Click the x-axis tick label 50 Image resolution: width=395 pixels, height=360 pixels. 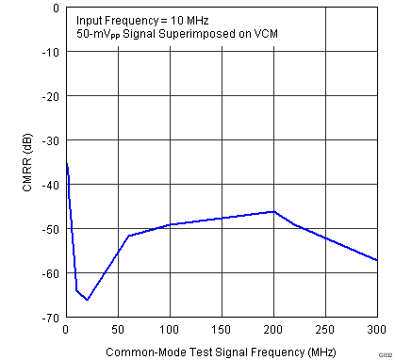coord(118,330)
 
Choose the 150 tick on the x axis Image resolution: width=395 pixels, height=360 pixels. coord(222,330)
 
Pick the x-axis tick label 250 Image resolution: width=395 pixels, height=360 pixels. coord(325,330)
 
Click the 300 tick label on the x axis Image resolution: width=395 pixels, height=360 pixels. coord(376,330)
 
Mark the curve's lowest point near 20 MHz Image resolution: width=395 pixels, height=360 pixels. coord(87,300)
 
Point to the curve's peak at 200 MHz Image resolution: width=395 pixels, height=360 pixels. coord(273,212)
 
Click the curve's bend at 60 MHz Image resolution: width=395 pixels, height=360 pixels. coord(128,236)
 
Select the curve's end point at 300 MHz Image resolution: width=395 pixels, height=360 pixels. coord(377,260)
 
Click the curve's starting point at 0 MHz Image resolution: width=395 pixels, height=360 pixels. coord(66,163)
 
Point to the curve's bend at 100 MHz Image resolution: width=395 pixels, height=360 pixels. coord(170,224)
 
